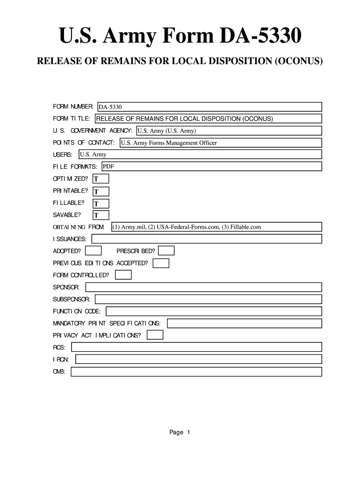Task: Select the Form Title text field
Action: click(208, 119)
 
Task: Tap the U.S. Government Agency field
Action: click(229, 131)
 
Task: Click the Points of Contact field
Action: click(220, 143)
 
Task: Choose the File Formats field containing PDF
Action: click(211, 167)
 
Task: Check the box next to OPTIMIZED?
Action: click(101, 179)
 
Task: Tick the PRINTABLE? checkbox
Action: click(101, 191)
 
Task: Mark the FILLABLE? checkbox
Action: click(101, 203)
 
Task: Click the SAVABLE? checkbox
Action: click(101, 216)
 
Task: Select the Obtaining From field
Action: click(216, 227)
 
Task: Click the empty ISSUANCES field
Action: click(207, 239)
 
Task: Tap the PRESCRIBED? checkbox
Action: click(166, 251)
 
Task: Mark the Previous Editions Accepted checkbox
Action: click(161, 263)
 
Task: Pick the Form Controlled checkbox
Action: click(123, 275)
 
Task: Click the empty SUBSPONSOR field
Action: click(209, 299)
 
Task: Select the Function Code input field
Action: click(214, 312)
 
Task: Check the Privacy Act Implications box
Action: click(155, 335)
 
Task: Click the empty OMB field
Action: click(196, 372)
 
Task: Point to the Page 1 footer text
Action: click(180, 433)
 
